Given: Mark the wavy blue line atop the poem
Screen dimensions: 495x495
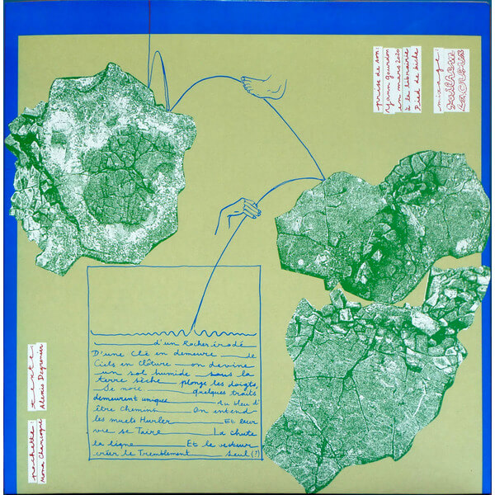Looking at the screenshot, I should click(x=174, y=332).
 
